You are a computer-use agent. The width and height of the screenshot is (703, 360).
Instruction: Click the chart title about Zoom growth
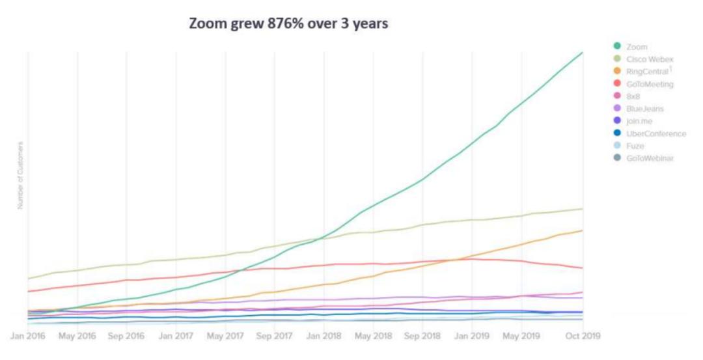click(x=289, y=24)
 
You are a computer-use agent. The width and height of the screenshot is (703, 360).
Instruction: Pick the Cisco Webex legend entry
click(x=650, y=59)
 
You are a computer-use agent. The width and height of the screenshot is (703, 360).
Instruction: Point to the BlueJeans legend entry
click(x=645, y=109)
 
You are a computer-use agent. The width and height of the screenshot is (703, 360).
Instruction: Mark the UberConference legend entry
click(x=655, y=133)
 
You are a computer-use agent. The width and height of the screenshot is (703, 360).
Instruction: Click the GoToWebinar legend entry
click(x=650, y=158)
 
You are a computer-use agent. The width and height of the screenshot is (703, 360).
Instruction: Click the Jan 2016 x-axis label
click(x=27, y=337)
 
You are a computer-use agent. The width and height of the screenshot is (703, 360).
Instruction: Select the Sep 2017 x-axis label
click(x=273, y=337)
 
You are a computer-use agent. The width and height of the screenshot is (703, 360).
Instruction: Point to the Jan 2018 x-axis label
click(x=323, y=337)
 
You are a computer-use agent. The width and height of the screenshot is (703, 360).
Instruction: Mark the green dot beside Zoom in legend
click(x=616, y=46)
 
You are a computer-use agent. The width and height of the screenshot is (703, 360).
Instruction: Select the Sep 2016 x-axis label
click(x=126, y=337)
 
